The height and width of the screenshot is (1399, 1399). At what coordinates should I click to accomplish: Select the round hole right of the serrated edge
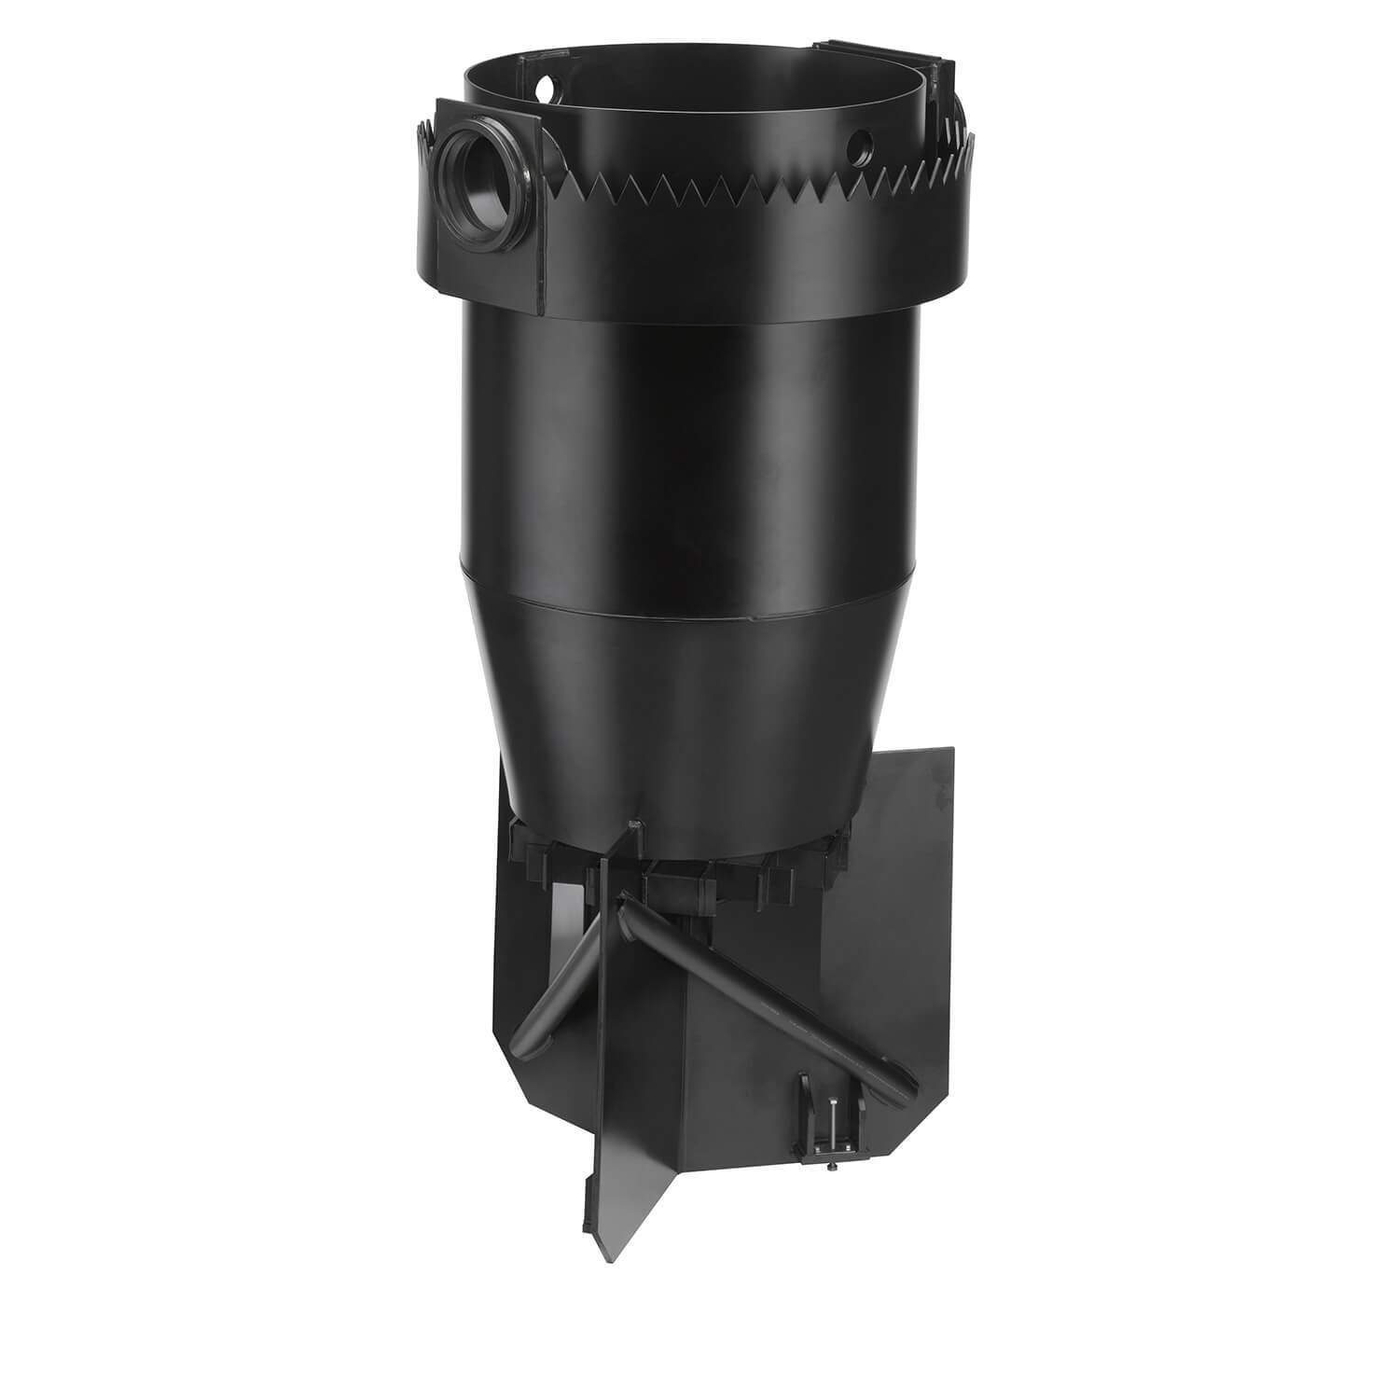point(862,144)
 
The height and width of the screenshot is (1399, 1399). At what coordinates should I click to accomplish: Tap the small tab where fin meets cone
point(634,824)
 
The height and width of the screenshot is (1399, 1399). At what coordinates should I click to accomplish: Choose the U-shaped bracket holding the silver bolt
point(830,1133)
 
